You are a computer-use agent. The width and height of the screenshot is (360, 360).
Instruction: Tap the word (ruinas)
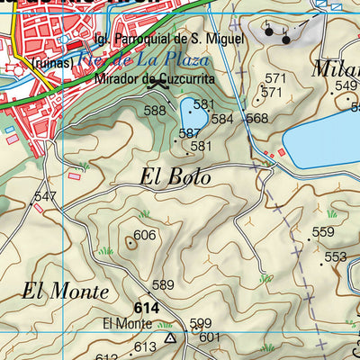tap(50, 63)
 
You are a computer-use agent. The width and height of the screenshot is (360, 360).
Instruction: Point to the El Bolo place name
tap(175, 177)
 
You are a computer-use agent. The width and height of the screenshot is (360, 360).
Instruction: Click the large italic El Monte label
tap(65, 292)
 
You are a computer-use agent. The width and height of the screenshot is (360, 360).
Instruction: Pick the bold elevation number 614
tap(148, 307)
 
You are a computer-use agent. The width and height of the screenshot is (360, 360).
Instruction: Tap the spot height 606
tap(145, 235)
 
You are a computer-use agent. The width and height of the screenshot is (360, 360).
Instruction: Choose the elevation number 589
tap(162, 285)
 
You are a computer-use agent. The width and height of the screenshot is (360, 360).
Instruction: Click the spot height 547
tap(45, 196)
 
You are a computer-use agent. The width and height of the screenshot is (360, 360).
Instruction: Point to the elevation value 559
tap(323, 232)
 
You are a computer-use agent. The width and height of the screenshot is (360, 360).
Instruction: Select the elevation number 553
tap(335, 256)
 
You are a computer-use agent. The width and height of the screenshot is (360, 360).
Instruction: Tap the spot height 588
tap(156, 111)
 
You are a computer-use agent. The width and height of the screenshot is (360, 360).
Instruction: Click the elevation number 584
tap(222, 118)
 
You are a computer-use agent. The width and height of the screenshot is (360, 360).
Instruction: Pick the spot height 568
tap(256, 118)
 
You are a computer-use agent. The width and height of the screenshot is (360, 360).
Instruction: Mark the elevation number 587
tap(189, 133)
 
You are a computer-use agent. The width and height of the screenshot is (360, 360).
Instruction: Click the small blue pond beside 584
tap(193, 115)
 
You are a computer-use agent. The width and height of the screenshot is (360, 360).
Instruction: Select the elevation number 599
tap(201, 323)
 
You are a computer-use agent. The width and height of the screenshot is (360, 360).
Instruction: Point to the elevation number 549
tap(346, 85)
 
